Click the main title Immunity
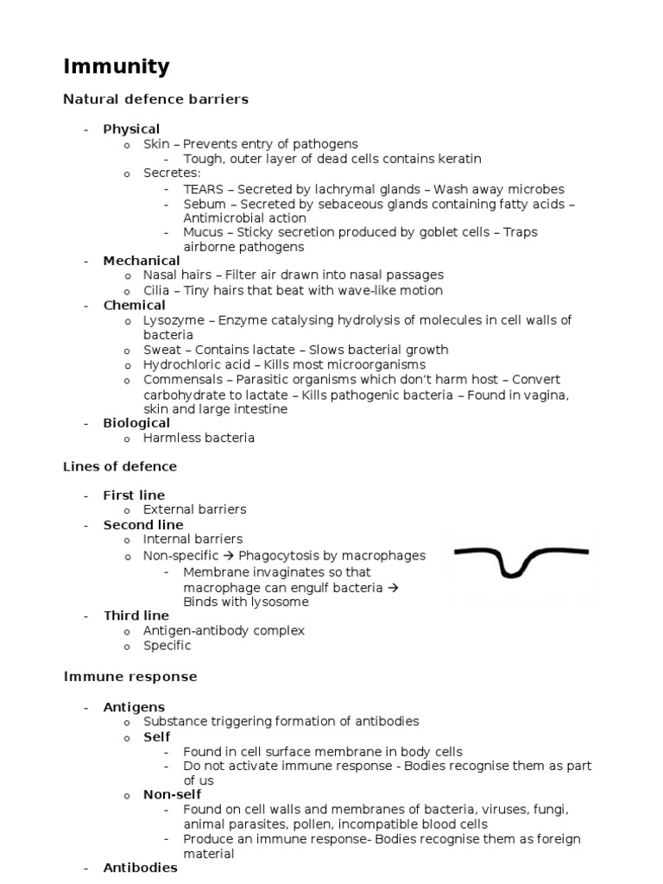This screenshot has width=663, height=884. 117,66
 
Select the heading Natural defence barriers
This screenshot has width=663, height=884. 155,99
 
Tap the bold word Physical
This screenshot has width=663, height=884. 131,129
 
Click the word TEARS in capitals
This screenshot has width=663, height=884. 203,189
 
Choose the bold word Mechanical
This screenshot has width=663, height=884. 142,261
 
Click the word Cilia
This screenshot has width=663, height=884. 158,290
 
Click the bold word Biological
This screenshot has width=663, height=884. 136,423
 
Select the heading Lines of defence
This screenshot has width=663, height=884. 120,467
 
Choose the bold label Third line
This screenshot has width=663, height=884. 136,616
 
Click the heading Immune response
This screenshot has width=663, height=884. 130,676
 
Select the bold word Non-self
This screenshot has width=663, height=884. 172,795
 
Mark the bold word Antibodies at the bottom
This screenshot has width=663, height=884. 140,868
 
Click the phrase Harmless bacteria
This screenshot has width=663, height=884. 199,438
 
